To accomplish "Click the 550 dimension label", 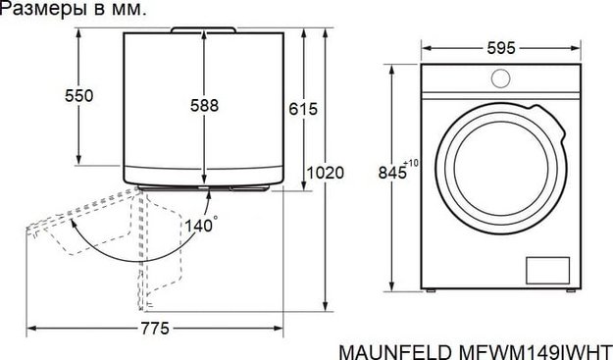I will click(78, 95).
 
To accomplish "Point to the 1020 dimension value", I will click(326, 173).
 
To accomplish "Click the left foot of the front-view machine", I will click(429, 291).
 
